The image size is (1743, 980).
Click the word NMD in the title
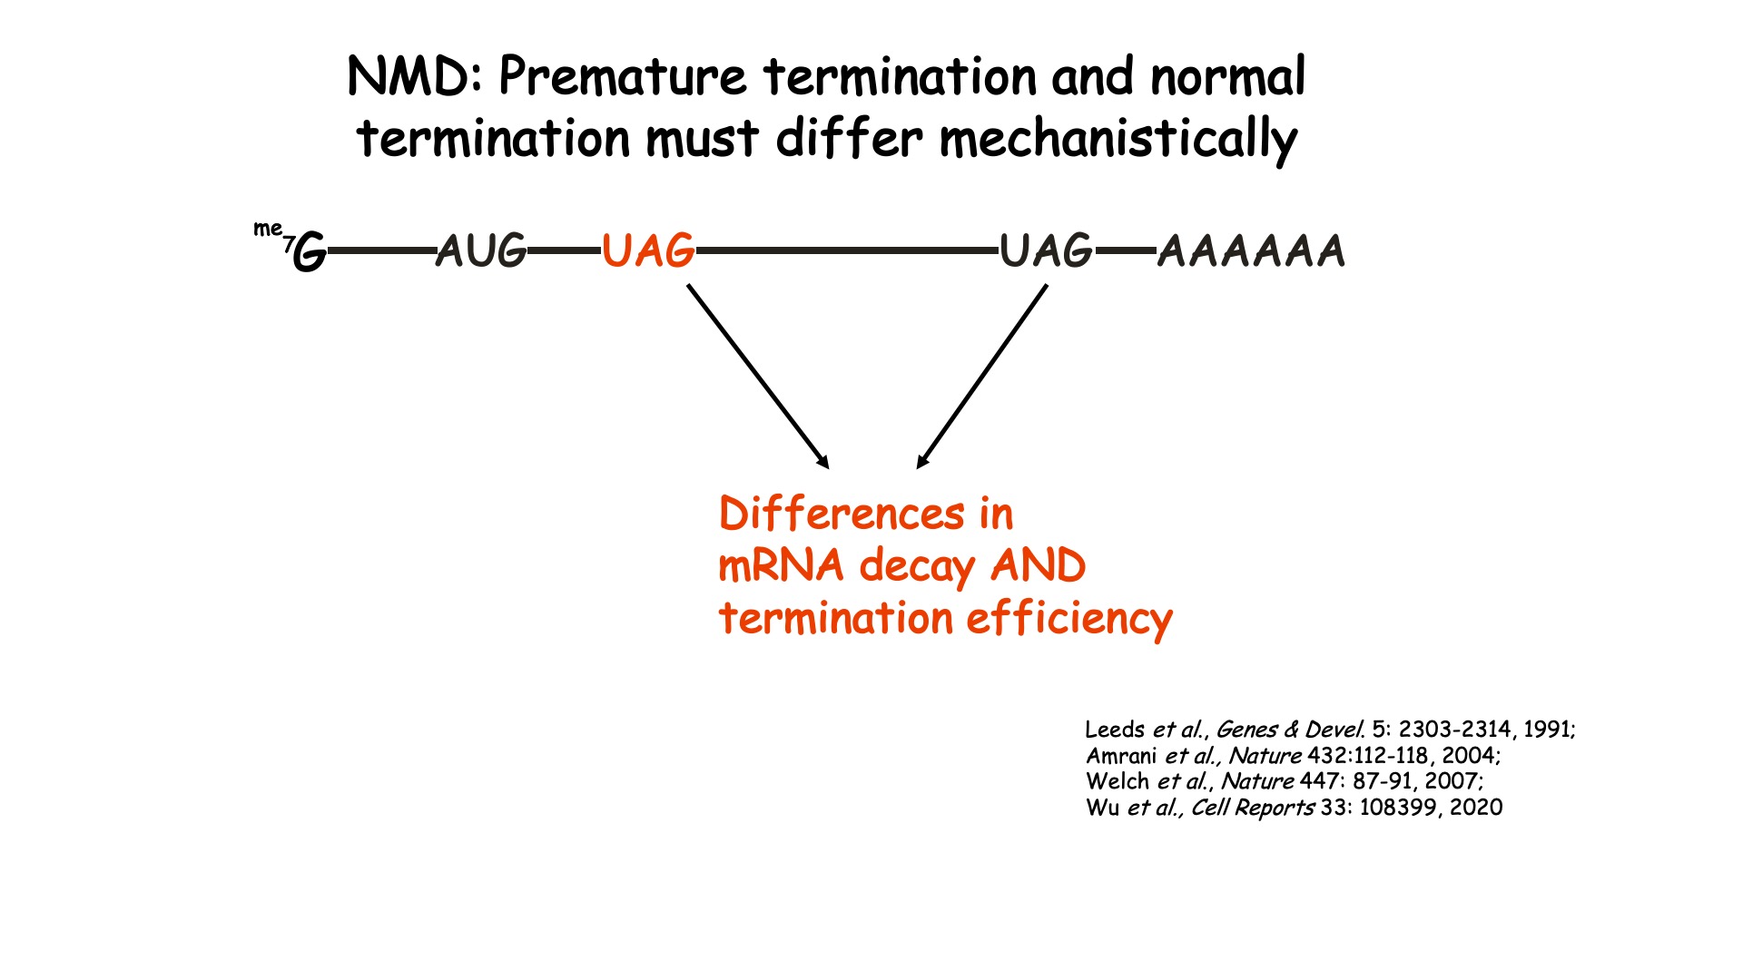click(413, 76)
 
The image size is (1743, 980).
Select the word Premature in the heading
click(622, 76)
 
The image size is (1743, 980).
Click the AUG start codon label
click(481, 251)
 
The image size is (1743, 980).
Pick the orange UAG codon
click(648, 251)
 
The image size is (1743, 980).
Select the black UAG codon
click(1046, 251)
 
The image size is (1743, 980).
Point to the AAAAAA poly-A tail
click(1251, 251)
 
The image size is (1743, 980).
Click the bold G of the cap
click(310, 251)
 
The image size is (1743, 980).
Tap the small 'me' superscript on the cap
click(267, 229)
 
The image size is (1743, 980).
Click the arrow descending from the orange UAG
click(758, 377)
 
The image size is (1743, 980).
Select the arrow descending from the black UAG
click(982, 377)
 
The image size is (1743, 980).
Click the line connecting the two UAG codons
click(846, 250)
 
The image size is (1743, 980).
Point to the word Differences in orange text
click(842, 514)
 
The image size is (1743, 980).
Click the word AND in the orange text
click(1038, 566)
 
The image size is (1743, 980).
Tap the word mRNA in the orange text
click(781, 566)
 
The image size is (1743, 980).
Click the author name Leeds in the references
click(1115, 730)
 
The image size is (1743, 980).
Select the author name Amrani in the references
click(1121, 756)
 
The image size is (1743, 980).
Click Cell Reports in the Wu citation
click(1252, 808)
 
